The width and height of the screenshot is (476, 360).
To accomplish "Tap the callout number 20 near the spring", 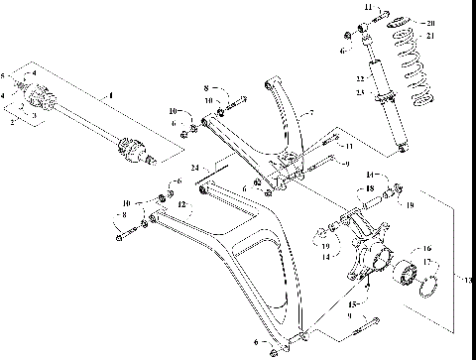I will [x=457, y=21].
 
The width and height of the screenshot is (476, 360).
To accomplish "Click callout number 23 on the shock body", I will [x=373, y=92].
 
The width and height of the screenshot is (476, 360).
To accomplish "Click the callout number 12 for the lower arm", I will [x=181, y=203].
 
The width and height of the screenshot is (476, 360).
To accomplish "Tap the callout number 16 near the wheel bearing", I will [x=426, y=249].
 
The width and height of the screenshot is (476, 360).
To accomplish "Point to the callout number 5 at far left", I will [x=5, y=76].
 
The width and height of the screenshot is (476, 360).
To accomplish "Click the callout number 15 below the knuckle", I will [x=351, y=301].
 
